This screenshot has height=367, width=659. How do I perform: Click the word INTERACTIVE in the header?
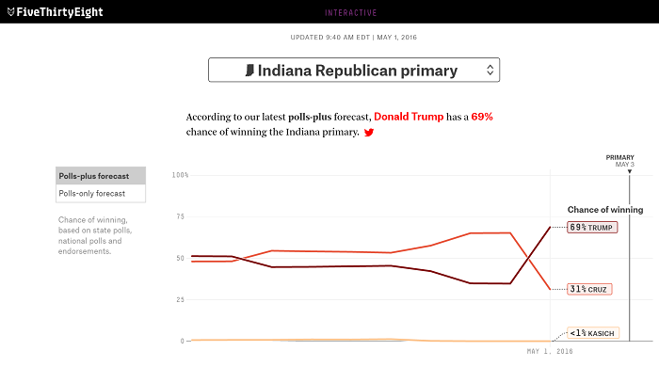click(x=350, y=12)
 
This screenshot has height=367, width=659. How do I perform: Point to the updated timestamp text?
click(x=355, y=38)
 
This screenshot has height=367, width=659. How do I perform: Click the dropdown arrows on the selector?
click(x=489, y=71)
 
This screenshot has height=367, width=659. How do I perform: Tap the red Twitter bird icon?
click(x=369, y=134)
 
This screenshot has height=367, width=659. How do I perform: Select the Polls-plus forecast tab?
click(x=101, y=176)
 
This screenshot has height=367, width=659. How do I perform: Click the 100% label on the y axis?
click(x=180, y=175)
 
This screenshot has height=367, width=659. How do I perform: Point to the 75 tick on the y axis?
click(x=183, y=216)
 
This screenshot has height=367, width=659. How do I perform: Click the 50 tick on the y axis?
click(x=183, y=258)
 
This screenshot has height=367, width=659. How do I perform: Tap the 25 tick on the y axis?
click(x=183, y=299)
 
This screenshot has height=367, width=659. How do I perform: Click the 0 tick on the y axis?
click(x=185, y=341)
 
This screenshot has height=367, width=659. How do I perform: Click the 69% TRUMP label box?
click(x=592, y=228)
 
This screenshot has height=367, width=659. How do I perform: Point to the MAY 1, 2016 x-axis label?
click(x=550, y=351)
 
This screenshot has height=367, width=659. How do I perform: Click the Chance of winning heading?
click(x=604, y=209)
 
